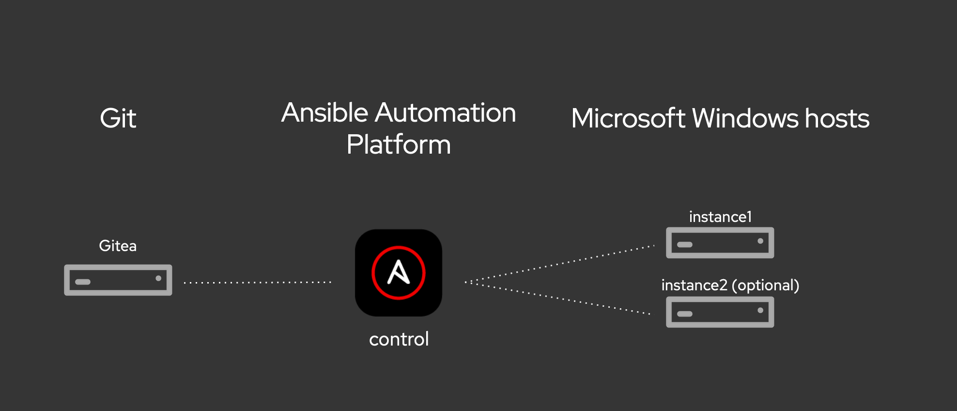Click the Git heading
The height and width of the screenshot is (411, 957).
point(118,118)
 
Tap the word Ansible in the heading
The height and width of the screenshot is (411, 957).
point(325,112)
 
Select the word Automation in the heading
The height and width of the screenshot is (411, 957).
point(446,112)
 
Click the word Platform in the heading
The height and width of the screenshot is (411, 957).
point(399,144)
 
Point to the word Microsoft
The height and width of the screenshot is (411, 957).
point(628,118)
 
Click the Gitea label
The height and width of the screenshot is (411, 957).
point(118,246)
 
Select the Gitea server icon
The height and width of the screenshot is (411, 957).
point(118,280)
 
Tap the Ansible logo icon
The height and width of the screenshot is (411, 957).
point(399,273)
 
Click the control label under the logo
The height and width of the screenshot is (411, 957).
point(399,339)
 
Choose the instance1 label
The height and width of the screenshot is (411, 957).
point(720,217)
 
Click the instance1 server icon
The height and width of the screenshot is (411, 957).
point(720,243)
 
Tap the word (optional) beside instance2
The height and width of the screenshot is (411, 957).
point(765,285)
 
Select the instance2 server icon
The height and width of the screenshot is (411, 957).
point(720,312)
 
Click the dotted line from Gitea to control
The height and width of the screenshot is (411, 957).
point(258,282)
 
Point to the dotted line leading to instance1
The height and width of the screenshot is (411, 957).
point(560,264)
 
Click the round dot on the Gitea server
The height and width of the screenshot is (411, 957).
point(158,278)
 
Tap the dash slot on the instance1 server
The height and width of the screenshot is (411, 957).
point(685,244)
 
